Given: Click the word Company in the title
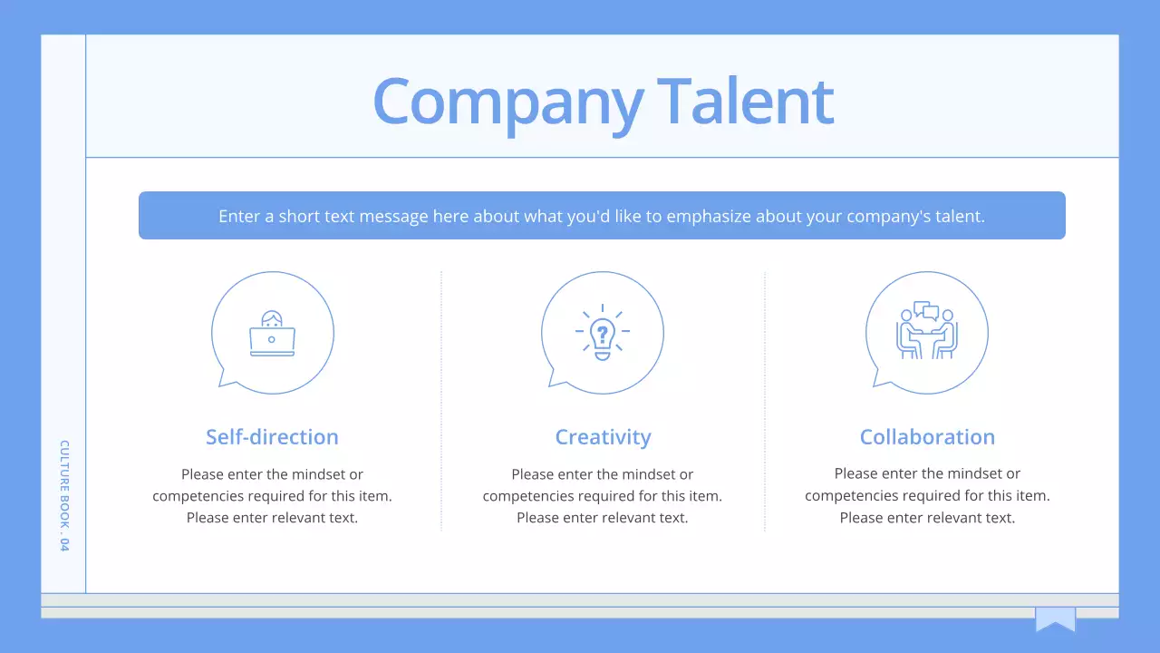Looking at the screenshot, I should (x=508, y=102).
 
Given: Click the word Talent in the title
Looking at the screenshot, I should (x=745, y=101).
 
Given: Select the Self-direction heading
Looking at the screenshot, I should (x=272, y=437).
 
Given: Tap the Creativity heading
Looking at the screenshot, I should (x=603, y=437).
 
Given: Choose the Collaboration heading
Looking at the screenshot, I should (x=927, y=437).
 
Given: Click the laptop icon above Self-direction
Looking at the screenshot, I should (x=272, y=335).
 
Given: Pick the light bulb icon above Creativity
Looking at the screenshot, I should (x=602, y=333).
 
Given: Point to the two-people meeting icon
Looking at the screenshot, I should (x=926, y=333).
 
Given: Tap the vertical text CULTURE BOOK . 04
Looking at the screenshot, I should (x=64, y=495).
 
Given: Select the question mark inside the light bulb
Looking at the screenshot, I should (x=602, y=331).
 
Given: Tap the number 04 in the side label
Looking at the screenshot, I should (x=64, y=544).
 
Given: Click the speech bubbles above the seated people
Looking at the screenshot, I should (x=925, y=311).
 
